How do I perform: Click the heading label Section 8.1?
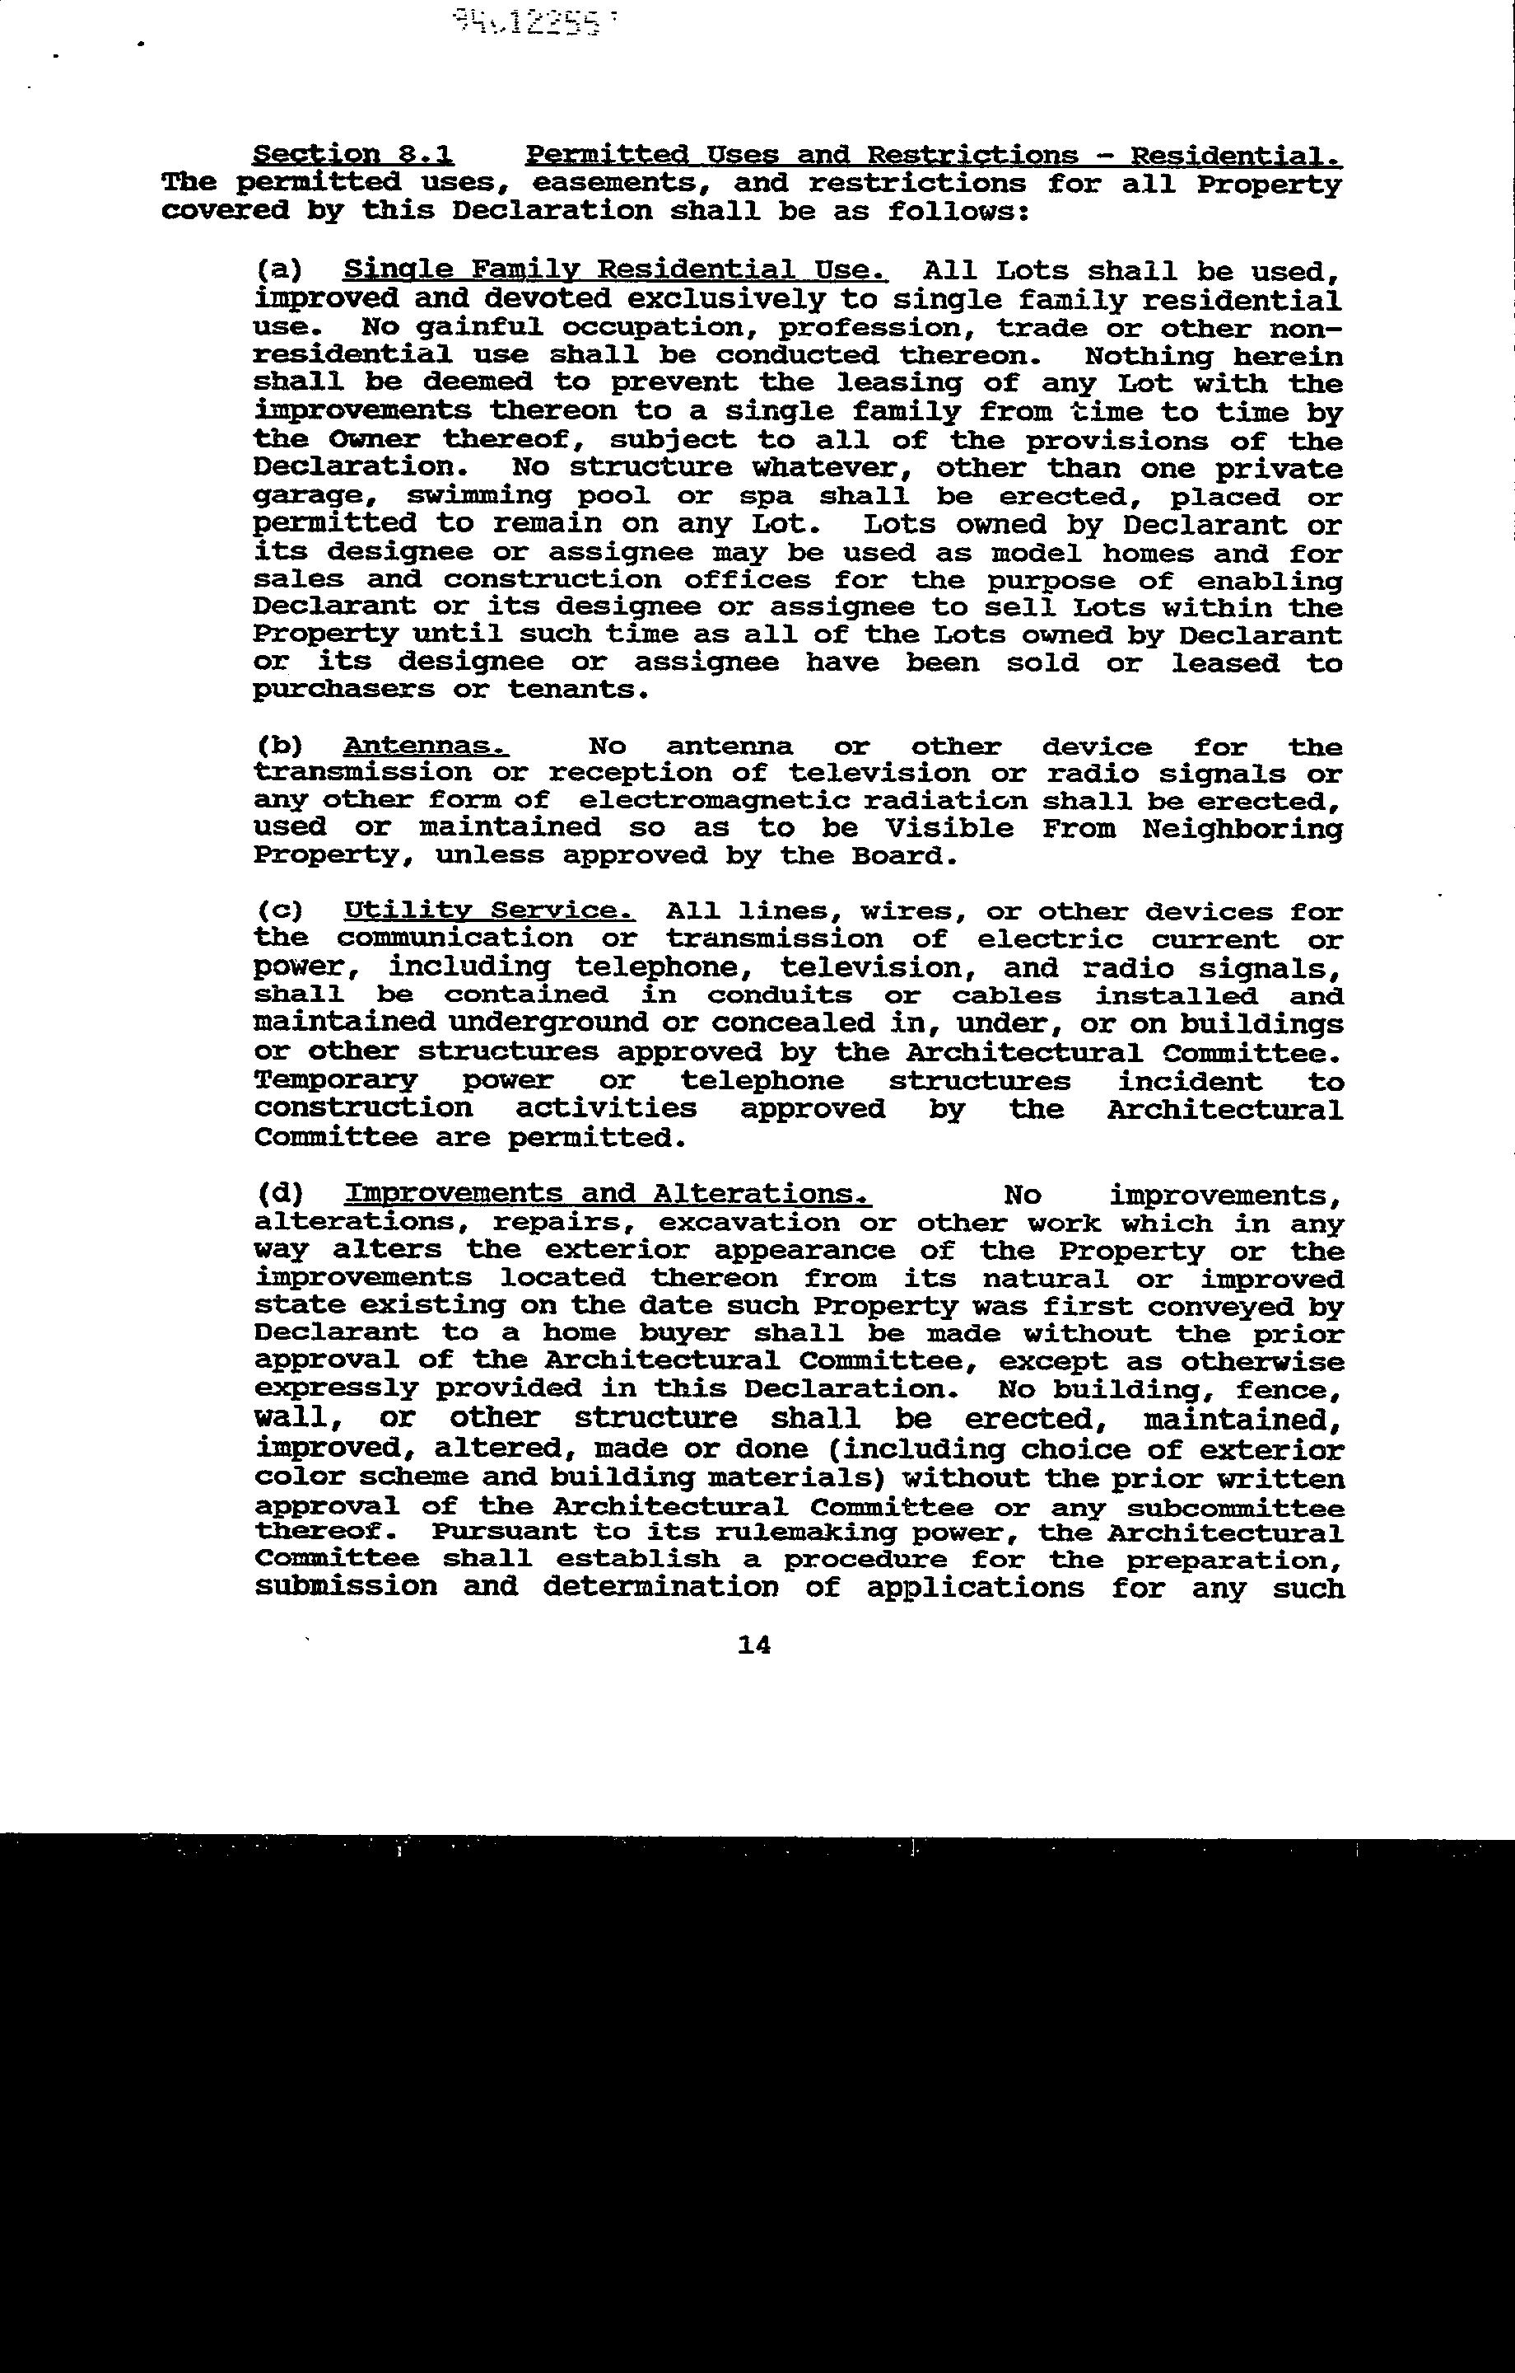point(352,155)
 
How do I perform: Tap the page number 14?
point(753,1645)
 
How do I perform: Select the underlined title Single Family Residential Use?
point(616,270)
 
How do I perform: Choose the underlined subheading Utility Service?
point(488,911)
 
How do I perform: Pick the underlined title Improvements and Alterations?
point(608,1195)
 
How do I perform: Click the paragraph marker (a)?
point(279,270)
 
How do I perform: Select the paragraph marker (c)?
point(279,911)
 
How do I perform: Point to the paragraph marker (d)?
point(279,1195)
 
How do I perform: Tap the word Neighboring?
point(1242,829)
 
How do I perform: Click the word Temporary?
point(335,1081)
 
